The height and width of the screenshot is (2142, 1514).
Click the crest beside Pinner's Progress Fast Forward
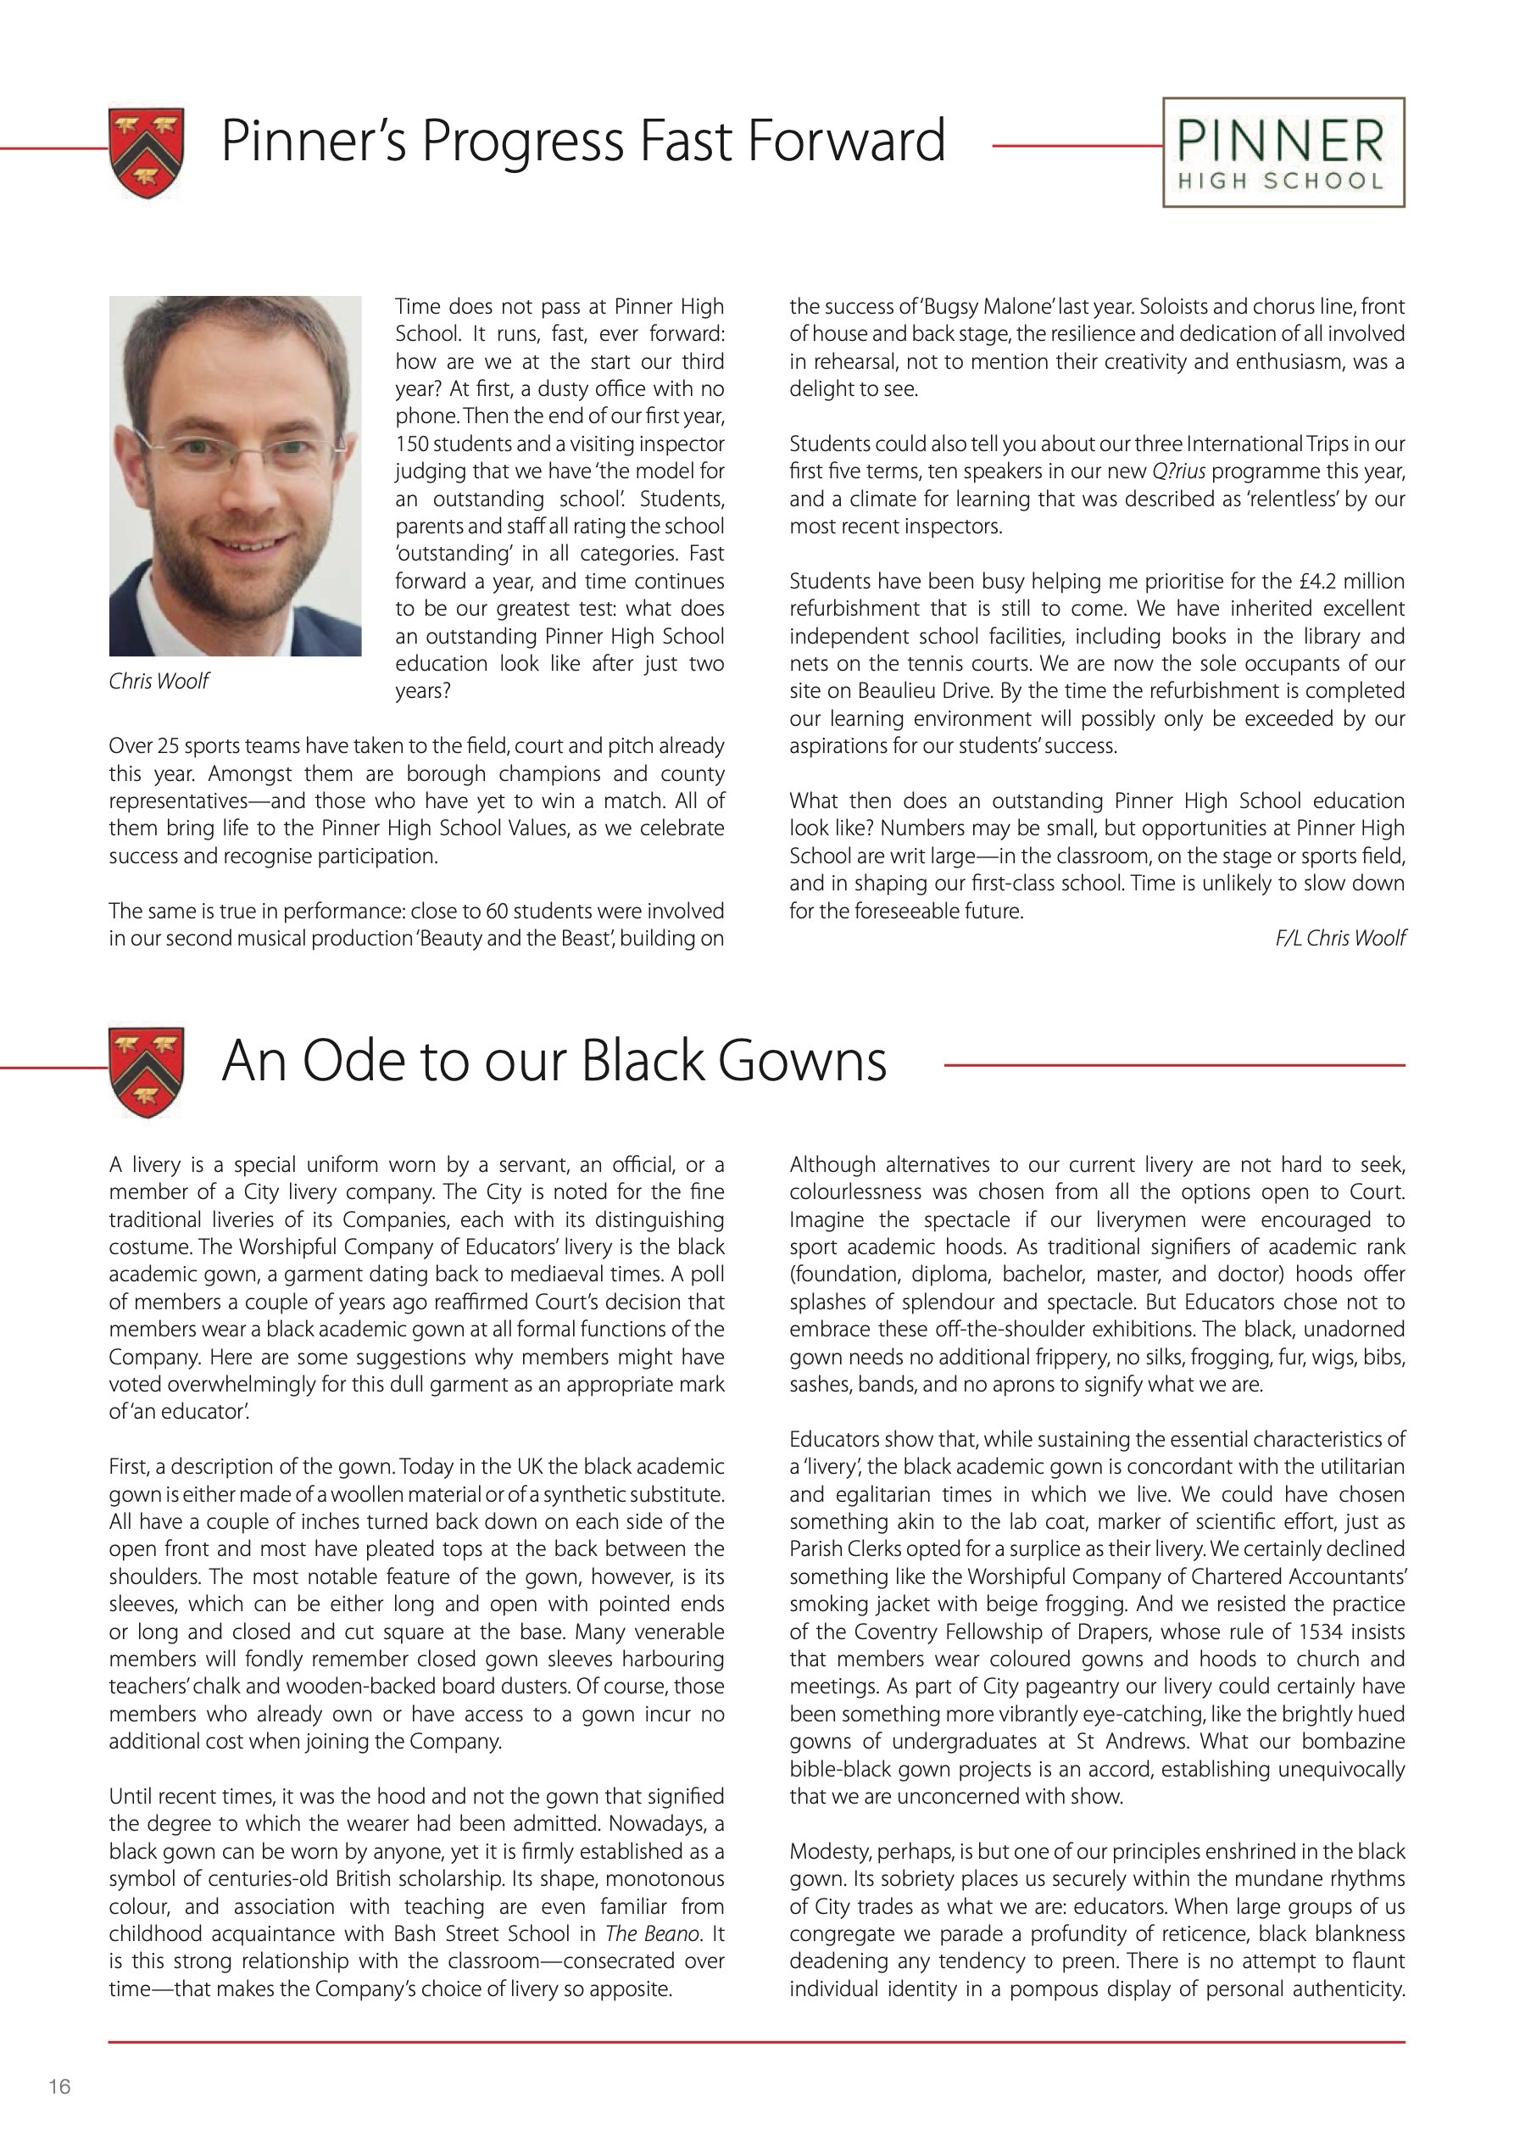tap(147, 152)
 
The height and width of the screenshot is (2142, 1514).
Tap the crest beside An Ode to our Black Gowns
tap(147, 1072)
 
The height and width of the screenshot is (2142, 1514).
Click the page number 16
tap(59, 2086)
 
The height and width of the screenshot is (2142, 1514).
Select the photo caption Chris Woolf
tap(159, 681)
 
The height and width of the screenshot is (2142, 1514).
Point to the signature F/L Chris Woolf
tap(1339, 939)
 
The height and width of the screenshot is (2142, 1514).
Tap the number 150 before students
tap(410, 444)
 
